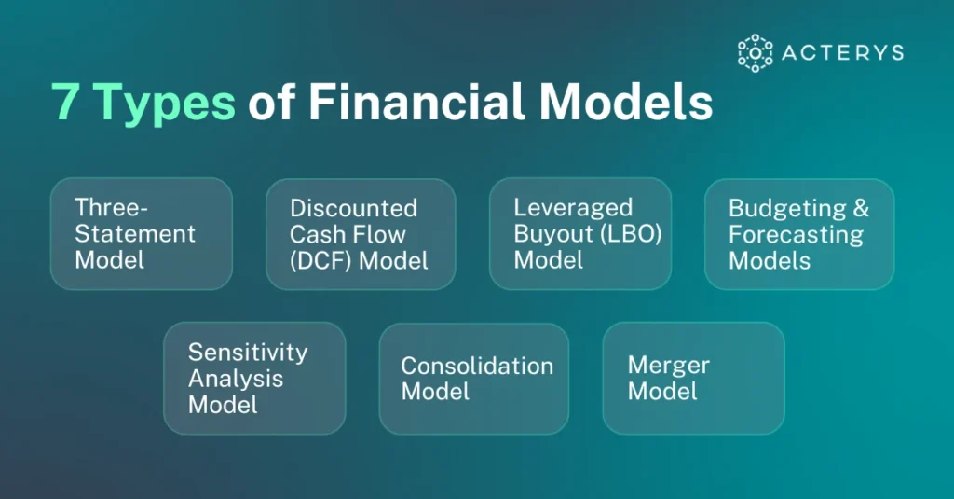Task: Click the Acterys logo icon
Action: tap(755, 53)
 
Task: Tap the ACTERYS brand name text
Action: tap(842, 53)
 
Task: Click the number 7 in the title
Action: tap(64, 102)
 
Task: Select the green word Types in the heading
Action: tap(165, 104)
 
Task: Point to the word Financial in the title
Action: tap(416, 101)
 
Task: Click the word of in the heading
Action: tap(271, 101)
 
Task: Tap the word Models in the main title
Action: tap(626, 101)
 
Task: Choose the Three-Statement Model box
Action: tap(142, 233)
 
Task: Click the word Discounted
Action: tap(353, 208)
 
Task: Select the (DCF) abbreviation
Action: tap(320, 261)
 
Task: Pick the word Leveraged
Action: tap(573, 208)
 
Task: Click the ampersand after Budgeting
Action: tap(861, 208)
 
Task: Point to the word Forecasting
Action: tap(796, 234)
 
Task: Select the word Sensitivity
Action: tap(248, 353)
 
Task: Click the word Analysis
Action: tap(236, 379)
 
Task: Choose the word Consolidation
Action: tap(477, 366)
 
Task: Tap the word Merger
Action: tap(669, 366)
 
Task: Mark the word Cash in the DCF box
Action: tap(315, 234)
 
